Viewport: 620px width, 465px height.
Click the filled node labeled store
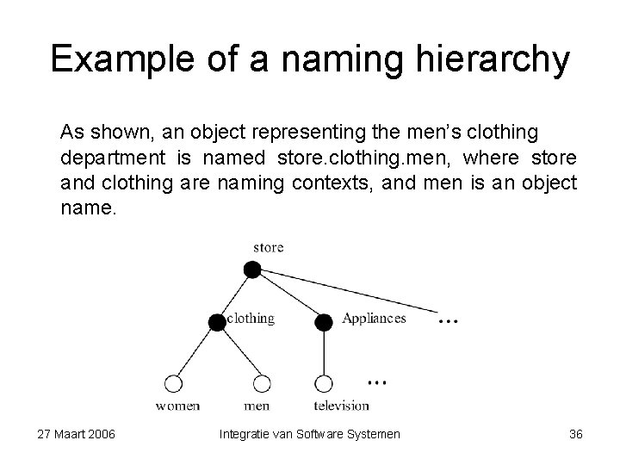[x=251, y=270]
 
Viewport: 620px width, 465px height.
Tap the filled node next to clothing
[x=215, y=323]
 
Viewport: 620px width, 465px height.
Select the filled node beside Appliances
[x=324, y=323]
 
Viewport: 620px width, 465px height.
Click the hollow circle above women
[x=173, y=384]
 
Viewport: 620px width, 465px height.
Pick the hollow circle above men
[x=261, y=384]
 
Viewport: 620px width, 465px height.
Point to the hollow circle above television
[x=324, y=384]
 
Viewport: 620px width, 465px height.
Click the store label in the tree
[x=268, y=247]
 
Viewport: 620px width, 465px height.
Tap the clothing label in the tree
[x=250, y=319]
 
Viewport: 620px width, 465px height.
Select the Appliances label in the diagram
[x=374, y=319]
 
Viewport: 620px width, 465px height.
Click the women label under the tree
[x=178, y=405]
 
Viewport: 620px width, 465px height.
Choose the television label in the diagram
[x=341, y=405]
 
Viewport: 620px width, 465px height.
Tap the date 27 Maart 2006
[x=77, y=434]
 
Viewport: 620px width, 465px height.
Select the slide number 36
[x=576, y=434]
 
